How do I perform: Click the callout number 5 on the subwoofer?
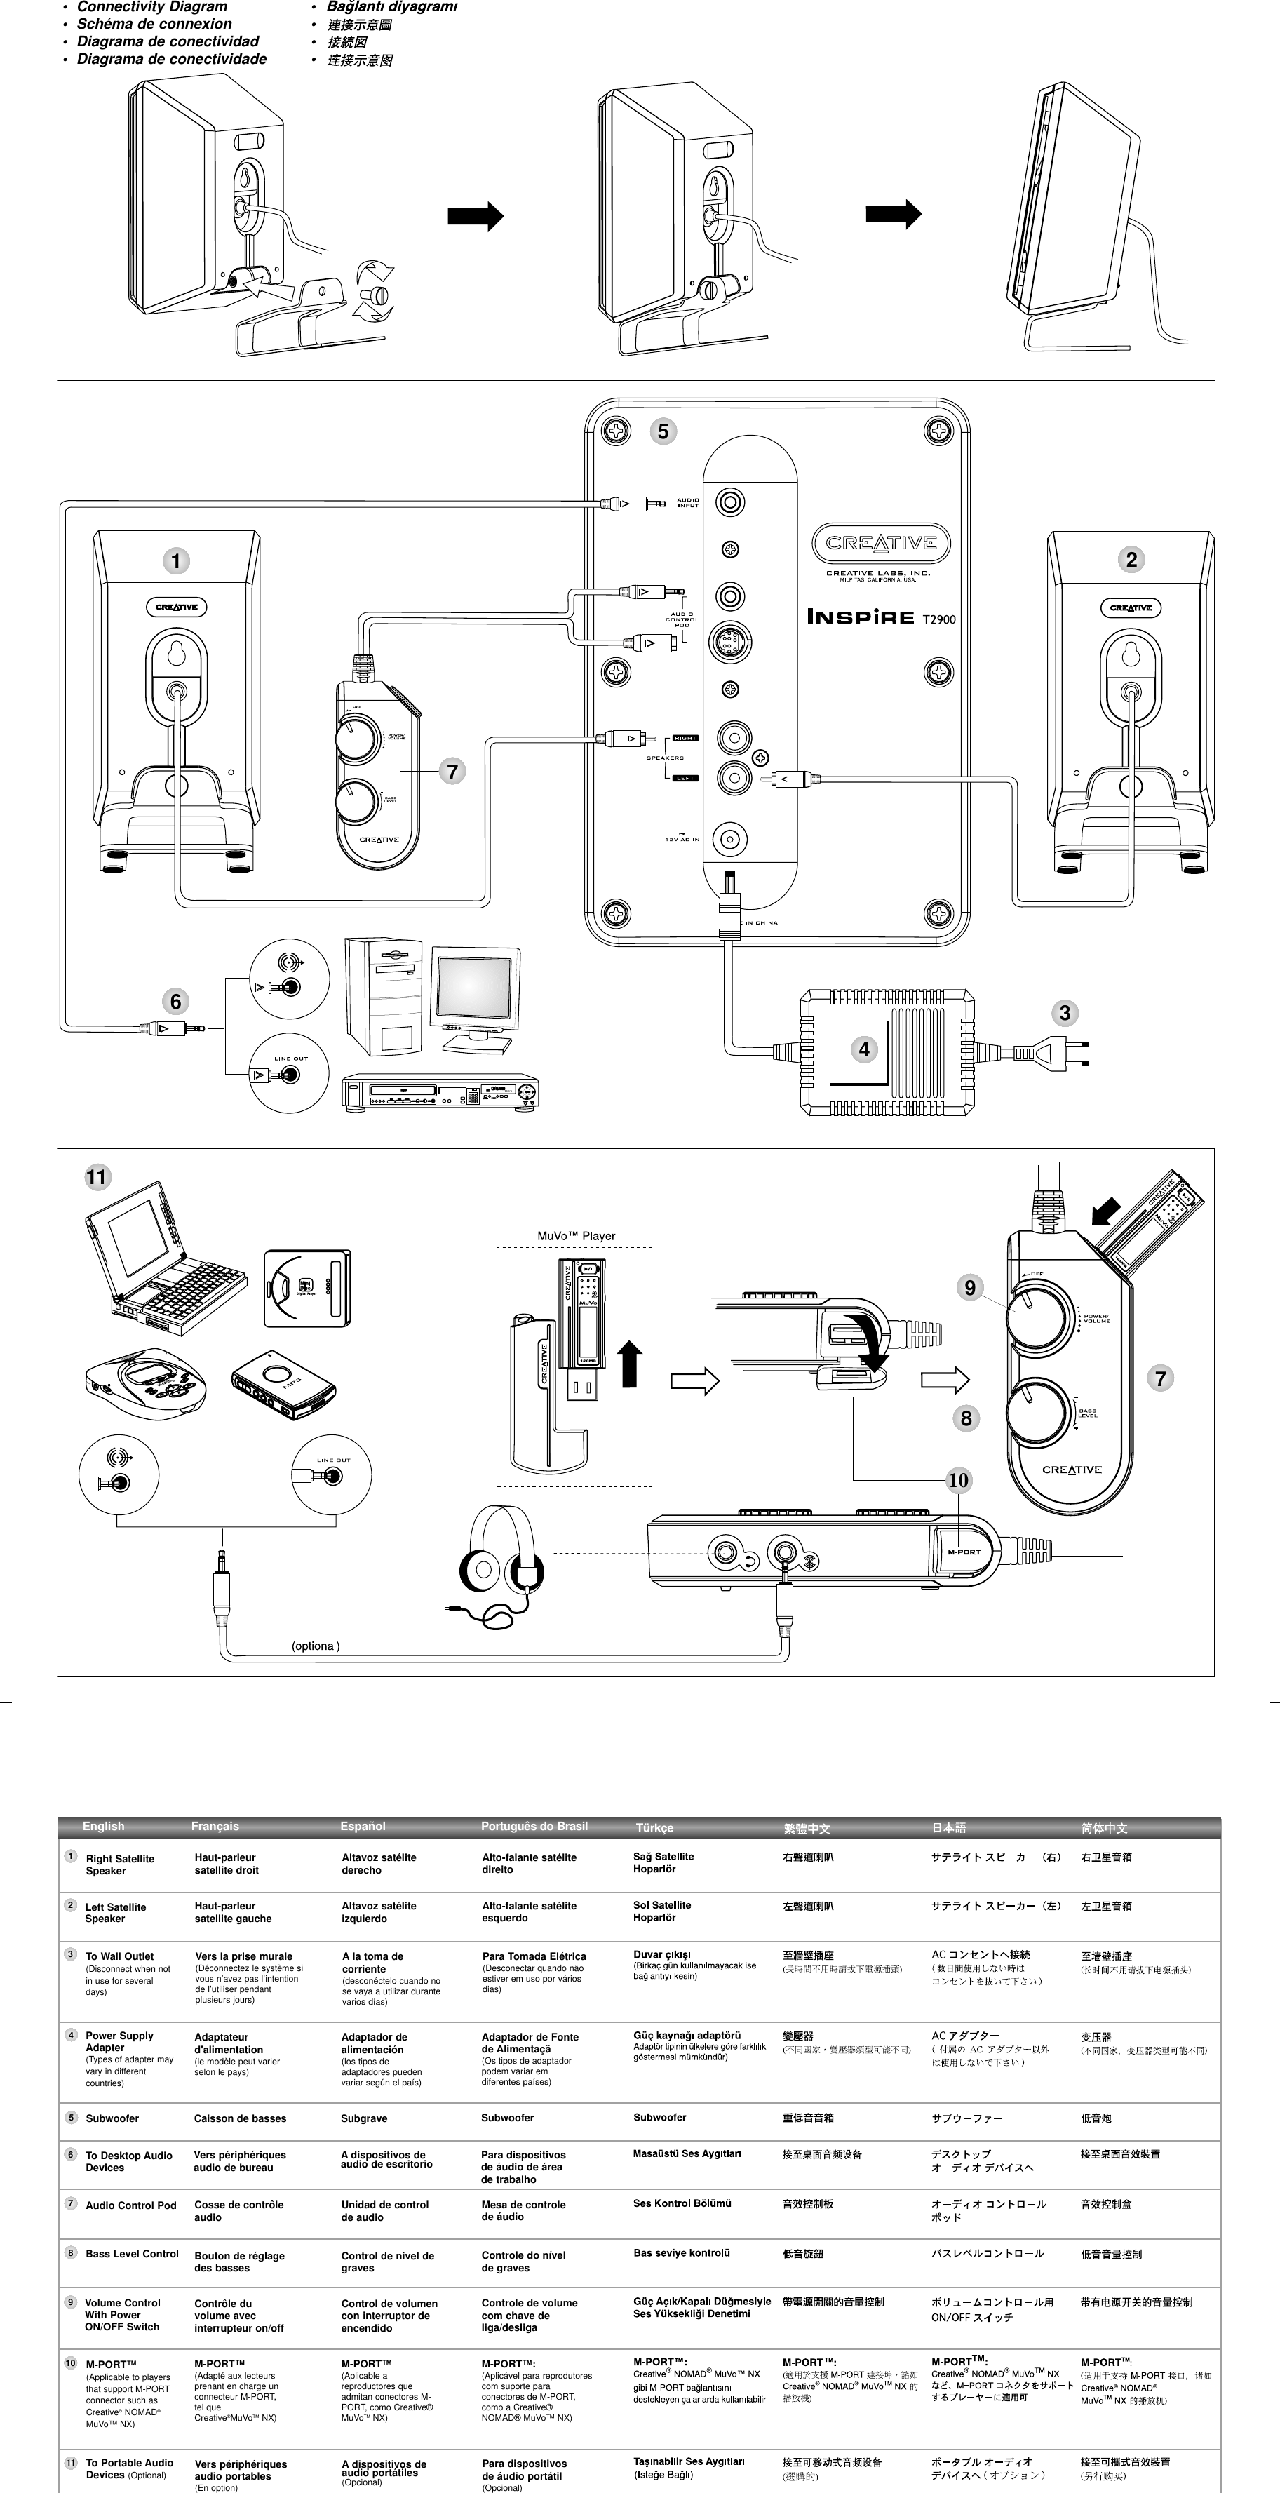pos(663,431)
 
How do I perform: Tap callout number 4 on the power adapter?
pos(864,1049)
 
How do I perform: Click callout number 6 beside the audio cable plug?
pos(175,1002)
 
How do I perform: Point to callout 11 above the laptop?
pos(97,1177)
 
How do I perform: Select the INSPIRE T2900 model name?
pos(880,617)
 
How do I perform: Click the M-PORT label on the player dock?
pos(963,1552)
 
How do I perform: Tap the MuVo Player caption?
pos(576,1236)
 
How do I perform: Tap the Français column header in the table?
pos(215,1826)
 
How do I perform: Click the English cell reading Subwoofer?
pos(112,2118)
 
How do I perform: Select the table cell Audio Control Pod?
pos(130,2205)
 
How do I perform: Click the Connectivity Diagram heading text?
pos(152,7)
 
